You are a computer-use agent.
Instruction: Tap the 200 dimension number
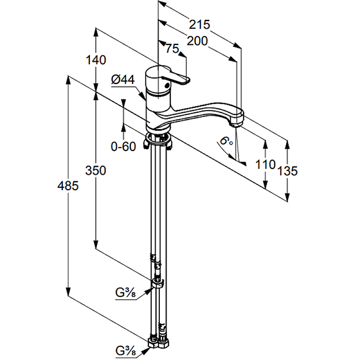tap(197, 41)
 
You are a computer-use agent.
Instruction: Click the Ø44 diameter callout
tap(122, 80)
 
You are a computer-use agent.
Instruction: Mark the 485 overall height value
tap(68, 185)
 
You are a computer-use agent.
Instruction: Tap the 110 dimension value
tap(265, 164)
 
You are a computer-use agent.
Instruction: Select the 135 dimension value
tap(288, 171)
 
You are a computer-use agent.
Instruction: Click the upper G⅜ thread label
tap(126, 293)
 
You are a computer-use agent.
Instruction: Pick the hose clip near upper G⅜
tap(157, 283)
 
